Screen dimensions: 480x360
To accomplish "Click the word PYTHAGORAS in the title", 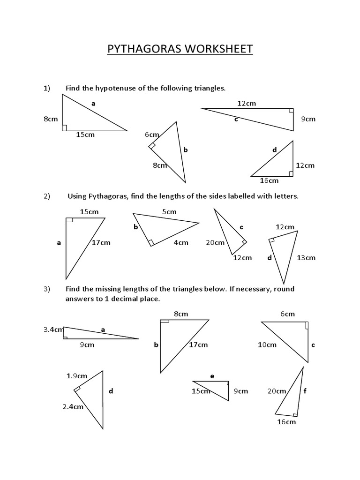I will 142,49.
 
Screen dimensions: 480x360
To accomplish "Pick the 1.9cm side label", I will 77,375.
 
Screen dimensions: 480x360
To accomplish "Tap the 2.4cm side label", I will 73,406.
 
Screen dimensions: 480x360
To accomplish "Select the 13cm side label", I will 306,257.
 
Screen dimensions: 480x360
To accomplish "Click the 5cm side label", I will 169,212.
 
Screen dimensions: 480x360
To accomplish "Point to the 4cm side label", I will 181,242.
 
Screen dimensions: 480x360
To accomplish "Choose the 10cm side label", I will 267,345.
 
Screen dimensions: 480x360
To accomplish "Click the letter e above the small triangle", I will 212,376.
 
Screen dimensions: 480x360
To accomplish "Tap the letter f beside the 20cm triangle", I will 305,391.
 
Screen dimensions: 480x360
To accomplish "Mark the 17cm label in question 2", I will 101,242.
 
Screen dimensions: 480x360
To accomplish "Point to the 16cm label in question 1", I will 269,180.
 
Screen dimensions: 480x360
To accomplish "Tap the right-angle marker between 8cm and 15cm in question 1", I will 65,127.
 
